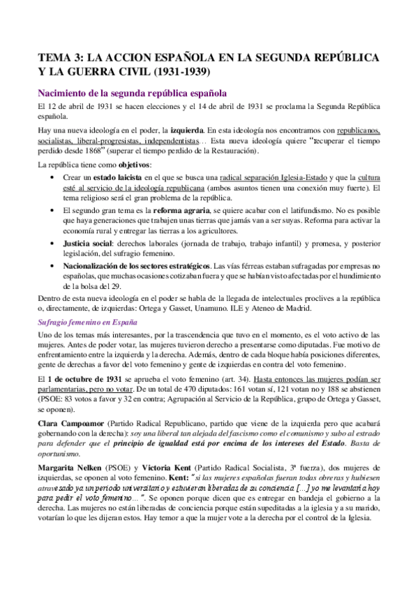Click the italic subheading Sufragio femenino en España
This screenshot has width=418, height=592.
[87, 322]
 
